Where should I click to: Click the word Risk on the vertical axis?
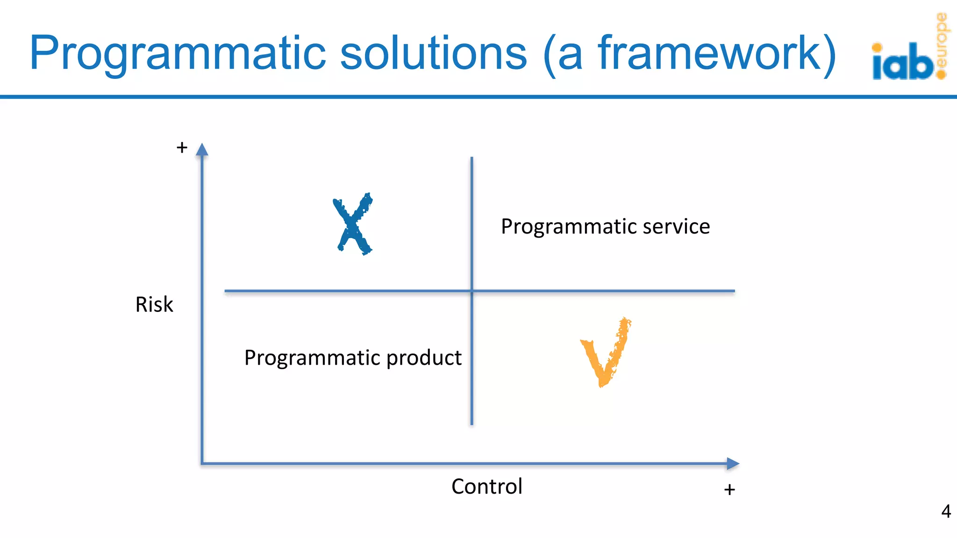point(154,304)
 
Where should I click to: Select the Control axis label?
point(486,487)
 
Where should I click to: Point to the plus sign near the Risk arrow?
point(182,148)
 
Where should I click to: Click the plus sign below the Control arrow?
point(729,489)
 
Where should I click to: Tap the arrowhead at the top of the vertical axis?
point(202,149)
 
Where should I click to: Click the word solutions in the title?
point(434,53)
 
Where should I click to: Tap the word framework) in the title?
point(717,53)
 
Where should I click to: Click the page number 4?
point(946,511)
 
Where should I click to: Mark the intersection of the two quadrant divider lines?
point(471,291)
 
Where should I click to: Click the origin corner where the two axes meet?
point(202,464)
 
